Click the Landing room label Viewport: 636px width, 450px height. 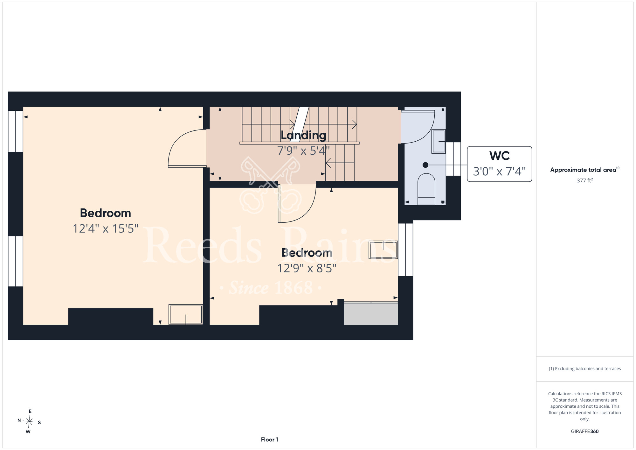click(303, 136)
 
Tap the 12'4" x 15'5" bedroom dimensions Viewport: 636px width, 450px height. click(106, 229)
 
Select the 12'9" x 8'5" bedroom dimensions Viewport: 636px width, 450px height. click(307, 268)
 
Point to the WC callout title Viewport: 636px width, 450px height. click(500, 156)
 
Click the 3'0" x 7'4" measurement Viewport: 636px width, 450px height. click(499, 171)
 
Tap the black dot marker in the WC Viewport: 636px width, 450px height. click(425, 165)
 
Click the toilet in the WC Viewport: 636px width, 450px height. click(426, 189)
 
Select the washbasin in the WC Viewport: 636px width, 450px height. click(439, 141)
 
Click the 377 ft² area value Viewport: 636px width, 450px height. click(585, 180)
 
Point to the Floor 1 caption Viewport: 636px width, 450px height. click(269, 439)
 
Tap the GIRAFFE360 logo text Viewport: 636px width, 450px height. click(585, 432)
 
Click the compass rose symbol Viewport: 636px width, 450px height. click(29, 422)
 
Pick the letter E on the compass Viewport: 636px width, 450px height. click(30, 411)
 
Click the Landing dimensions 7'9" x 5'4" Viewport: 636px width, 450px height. click(303, 151)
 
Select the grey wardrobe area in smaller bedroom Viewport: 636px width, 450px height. click(371, 313)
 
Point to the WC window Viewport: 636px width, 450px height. click(453, 159)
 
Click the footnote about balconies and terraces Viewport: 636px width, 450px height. click(585, 369)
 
